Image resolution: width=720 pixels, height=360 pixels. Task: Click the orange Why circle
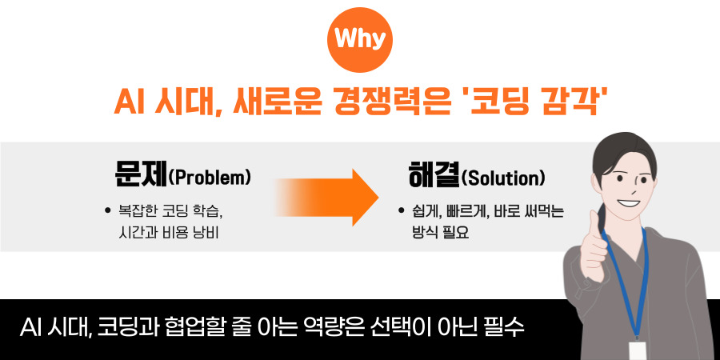coord(360,40)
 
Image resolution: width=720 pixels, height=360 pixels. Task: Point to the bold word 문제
coord(141,176)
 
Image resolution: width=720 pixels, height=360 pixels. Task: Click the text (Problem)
coord(210,178)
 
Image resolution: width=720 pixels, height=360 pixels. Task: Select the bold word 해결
coord(434,176)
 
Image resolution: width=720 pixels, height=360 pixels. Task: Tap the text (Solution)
coord(503,178)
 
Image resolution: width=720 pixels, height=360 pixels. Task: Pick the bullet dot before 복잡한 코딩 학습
coord(108,211)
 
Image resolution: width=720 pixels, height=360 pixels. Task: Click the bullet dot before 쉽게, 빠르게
coord(401,212)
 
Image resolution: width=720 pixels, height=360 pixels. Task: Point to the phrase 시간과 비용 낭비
coord(168,234)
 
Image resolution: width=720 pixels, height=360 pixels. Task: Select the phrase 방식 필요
coord(440,234)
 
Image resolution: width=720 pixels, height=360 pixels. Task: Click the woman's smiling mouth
coord(627,202)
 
